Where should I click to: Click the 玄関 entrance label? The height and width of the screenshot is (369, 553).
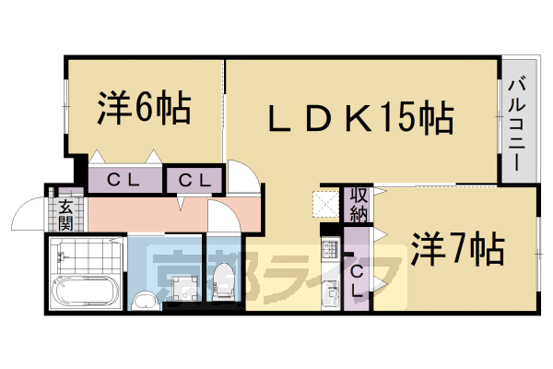[65, 214]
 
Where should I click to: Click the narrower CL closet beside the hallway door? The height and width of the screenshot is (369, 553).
[194, 180]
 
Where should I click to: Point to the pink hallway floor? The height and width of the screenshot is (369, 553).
[147, 216]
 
